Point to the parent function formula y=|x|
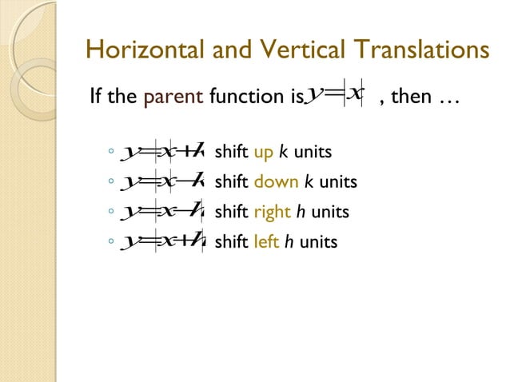click(335, 96)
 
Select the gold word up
click(263, 153)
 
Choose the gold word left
click(266, 241)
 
